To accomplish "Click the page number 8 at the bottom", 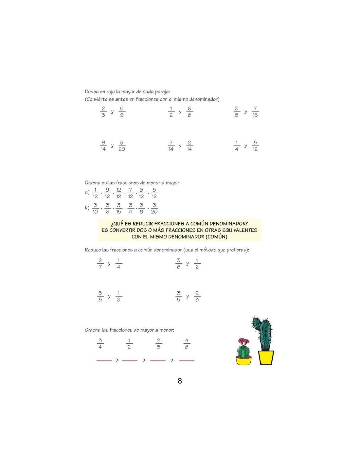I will [180, 381].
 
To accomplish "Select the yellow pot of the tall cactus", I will [266, 358].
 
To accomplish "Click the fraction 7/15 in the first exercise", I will [255, 112].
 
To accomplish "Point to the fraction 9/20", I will [122, 146].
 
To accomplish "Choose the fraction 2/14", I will [189, 146].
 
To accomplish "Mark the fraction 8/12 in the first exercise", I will [255, 146].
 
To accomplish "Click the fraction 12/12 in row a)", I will [118, 193].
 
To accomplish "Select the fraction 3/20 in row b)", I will [154, 208].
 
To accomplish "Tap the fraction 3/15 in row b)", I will [118, 208].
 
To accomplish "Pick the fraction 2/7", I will [100, 264].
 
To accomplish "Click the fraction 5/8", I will [100, 296].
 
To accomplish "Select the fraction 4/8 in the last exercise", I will [187, 344].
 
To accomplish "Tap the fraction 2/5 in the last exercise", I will [159, 344].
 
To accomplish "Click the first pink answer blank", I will [104, 360].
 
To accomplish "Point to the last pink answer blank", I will [187, 360].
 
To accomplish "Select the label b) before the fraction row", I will [87, 208].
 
